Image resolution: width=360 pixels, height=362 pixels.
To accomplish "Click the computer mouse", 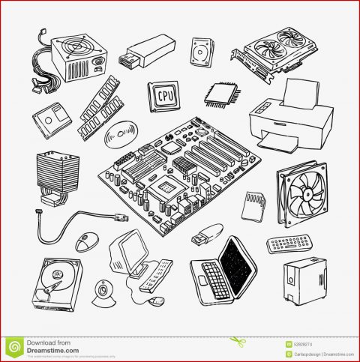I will (x=88, y=241).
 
